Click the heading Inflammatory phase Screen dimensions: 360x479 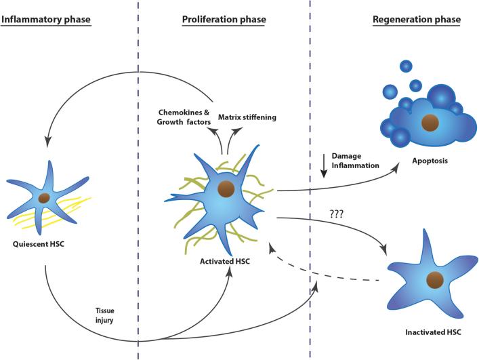(46, 20)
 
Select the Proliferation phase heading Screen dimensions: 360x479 (224, 20)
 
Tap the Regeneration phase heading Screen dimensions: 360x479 (417, 20)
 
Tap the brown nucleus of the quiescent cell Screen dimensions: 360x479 (44, 198)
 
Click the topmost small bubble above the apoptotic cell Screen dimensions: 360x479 (405, 66)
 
